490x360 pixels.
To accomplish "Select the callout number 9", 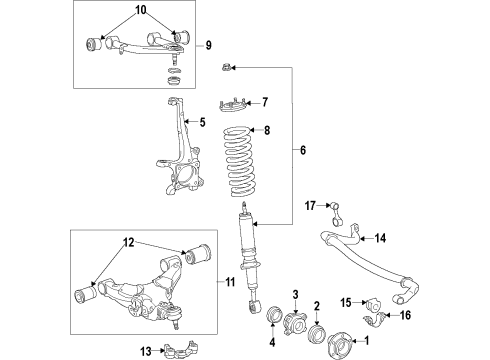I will (209, 45).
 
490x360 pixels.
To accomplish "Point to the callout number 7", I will (264, 101).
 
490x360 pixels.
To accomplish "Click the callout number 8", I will (264, 130).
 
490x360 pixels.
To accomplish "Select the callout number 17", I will (310, 205).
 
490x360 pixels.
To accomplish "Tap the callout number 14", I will (379, 238).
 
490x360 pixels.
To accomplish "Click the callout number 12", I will (129, 242).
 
